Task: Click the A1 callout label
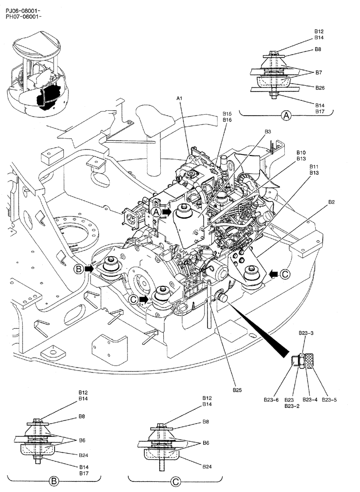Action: point(180,99)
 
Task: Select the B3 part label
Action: point(268,131)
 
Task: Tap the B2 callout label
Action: point(331,202)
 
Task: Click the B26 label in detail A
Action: point(320,88)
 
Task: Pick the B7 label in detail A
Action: point(318,72)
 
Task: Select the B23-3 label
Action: point(306,333)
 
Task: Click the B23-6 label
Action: point(271,400)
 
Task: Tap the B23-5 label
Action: point(329,400)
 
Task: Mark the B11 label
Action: point(315,167)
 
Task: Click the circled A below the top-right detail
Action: point(286,116)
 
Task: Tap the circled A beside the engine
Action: point(156,212)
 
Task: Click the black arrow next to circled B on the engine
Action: point(89,269)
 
